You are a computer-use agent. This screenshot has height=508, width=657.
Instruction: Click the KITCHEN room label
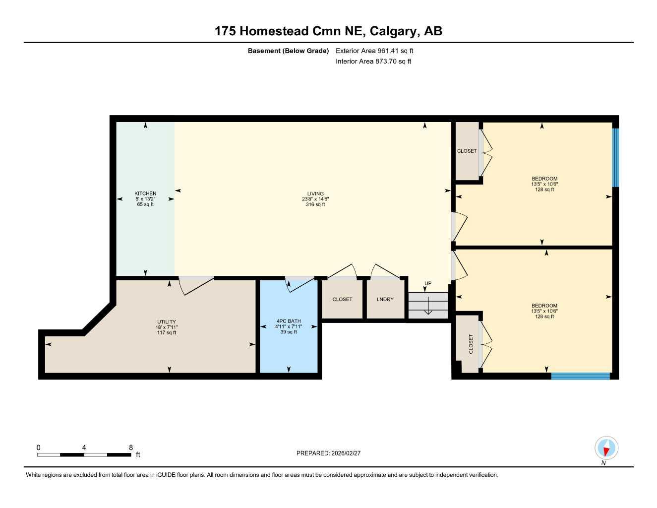click(145, 193)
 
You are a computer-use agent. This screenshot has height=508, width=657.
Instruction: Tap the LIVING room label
click(315, 194)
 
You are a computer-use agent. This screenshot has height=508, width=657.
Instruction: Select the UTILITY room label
click(167, 322)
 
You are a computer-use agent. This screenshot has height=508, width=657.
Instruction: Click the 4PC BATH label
click(289, 321)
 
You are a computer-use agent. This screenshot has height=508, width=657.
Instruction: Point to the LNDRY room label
click(385, 299)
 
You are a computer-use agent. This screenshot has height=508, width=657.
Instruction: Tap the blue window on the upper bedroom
click(615, 158)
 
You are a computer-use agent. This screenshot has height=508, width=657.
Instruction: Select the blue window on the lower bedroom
click(580, 376)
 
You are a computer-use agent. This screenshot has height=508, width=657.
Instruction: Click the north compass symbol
click(606, 448)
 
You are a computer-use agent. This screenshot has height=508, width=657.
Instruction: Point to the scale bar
click(84, 454)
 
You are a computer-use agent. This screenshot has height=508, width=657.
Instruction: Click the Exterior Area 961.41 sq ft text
click(374, 51)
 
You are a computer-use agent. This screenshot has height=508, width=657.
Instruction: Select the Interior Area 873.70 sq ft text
click(373, 62)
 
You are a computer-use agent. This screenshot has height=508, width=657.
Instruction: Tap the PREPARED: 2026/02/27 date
click(328, 453)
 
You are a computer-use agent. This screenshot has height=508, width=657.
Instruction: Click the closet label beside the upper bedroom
click(467, 151)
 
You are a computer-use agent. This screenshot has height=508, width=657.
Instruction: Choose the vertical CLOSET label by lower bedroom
click(471, 344)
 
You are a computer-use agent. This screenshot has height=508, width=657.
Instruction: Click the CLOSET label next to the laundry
click(342, 299)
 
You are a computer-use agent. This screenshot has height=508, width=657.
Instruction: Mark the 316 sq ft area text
click(315, 204)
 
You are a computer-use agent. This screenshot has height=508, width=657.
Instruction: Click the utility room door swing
click(195, 285)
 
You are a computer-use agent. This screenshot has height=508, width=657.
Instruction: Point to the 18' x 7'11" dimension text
click(167, 327)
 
